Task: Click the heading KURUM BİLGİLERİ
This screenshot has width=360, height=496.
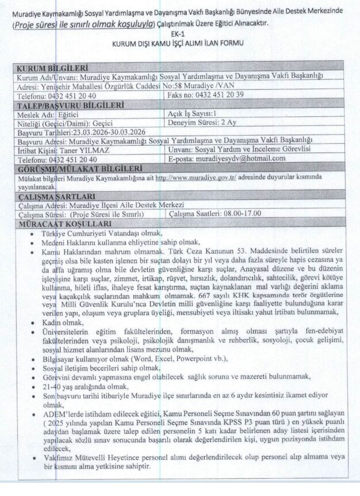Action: pyautogui.click(x=52, y=68)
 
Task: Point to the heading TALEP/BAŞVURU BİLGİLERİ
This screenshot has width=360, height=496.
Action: pyautogui.click(x=71, y=104)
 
